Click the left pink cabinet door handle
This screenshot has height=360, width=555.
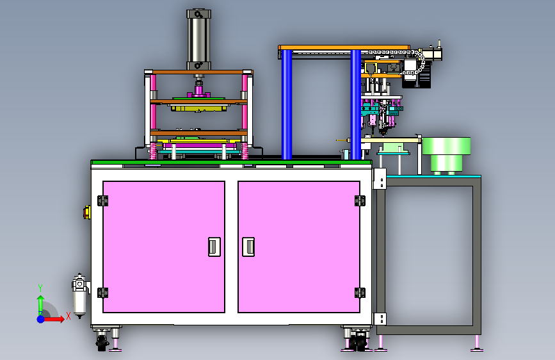[x=214, y=247]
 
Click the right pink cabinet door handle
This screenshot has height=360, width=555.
[x=248, y=247]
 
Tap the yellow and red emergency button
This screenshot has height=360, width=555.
[x=86, y=212]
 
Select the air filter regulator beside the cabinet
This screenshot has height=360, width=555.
[x=79, y=295]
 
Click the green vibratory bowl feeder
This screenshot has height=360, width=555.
[x=446, y=155]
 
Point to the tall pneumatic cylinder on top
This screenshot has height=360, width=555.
[x=199, y=40]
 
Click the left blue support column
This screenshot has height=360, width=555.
[x=287, y=104]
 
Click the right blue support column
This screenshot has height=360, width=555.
[x=356, y=104]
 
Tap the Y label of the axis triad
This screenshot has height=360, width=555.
[x=40, y=288]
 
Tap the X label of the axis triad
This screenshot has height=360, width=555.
[x=68, y=316]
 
